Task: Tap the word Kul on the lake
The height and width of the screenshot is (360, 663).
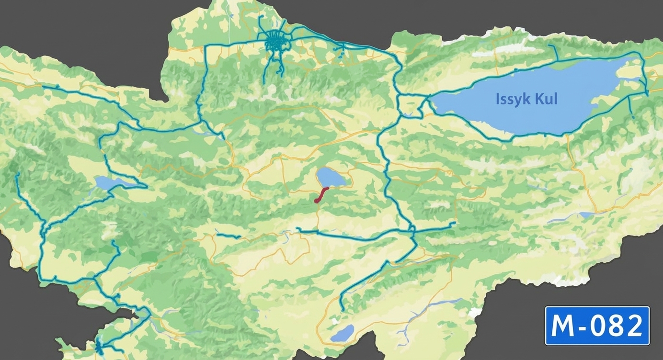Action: coord(547,100)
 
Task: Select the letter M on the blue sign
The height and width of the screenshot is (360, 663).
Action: coord(563,326)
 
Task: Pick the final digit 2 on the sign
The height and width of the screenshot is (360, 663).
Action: coord(634,326)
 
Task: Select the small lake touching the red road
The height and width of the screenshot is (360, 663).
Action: coord(330,177)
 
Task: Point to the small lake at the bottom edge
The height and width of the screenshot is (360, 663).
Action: coord(342,333)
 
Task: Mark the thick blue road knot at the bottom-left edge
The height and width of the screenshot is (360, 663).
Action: coord(100,346)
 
